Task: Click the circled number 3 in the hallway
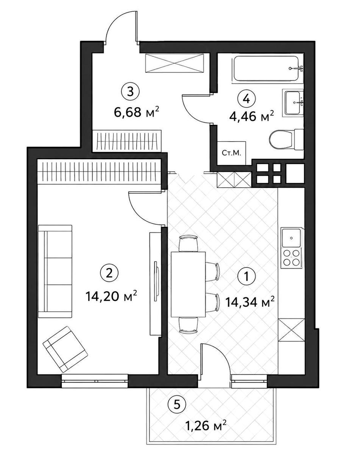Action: pos(130,92)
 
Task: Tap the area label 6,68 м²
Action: pos(136,112)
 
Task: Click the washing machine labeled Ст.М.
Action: pos(232,153)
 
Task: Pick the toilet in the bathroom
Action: pos(287,140)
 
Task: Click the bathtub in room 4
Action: pos(267,68)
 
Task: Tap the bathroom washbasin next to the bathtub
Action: pos(294,103)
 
